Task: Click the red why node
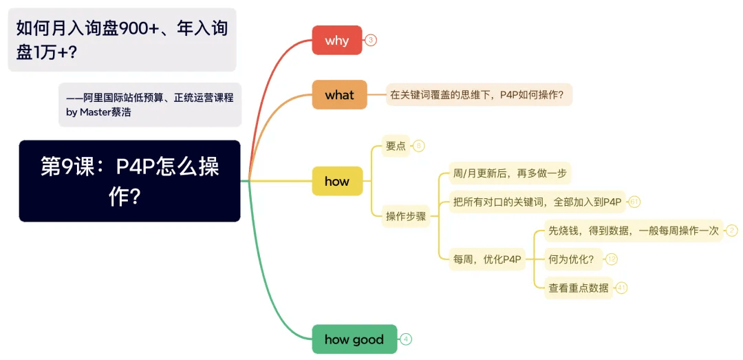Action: click(337, 41)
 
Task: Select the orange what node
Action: click(339, 95)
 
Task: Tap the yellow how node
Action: click(337, 181)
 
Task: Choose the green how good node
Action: click(354, 339)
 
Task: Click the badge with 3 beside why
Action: click(371, 41)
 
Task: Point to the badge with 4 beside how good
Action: click(406, 339)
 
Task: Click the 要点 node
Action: click(396, 146)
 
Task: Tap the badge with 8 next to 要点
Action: click(418, 146)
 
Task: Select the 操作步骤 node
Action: click(406, 217)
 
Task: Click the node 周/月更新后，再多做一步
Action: click(510, 173)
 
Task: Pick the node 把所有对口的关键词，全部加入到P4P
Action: click(537, 202)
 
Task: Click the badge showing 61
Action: click(634, 202)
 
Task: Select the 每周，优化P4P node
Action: click(487, 260)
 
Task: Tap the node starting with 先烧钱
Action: click(634, 231)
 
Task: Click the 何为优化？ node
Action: click(573, 260)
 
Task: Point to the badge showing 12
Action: click(612, 260)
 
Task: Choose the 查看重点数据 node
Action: click(578, 288)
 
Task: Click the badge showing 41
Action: click(622, 288)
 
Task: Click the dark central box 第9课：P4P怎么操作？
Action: click(129, 181)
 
